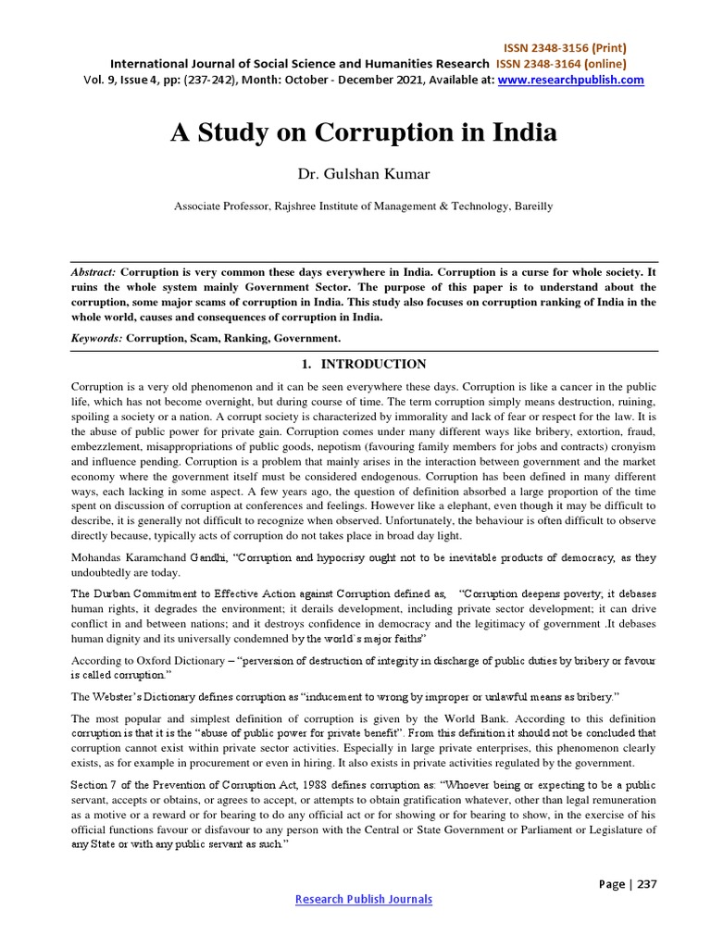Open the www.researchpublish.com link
tap(570, 81)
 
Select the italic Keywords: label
tap(97, 339)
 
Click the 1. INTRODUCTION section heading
tap(364, 365)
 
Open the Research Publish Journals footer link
tap(363, 899)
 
